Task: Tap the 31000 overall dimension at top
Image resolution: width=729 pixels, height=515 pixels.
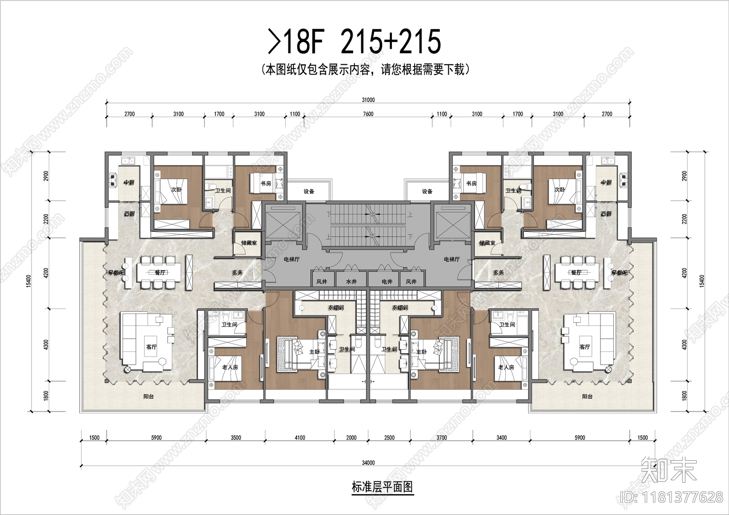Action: (368, 100)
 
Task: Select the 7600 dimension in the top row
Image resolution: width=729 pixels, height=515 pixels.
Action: (368, 114)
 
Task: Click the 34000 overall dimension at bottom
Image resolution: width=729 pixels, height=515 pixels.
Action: (368, 463)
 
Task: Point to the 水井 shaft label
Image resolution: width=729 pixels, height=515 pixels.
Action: (351, 282)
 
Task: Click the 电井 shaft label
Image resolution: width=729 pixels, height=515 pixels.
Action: (386, 282)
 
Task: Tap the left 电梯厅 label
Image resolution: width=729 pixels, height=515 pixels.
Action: (291, 259)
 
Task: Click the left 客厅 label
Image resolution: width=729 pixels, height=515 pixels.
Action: (152, 347)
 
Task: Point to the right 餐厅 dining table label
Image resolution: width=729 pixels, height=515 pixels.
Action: (576, 273)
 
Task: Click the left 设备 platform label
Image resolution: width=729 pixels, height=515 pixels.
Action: (309, 191)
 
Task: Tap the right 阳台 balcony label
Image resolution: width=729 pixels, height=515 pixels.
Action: (587, 397)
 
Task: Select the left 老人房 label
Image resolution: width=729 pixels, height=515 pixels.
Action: (230, 367)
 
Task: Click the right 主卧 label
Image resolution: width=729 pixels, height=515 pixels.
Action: (421, 352)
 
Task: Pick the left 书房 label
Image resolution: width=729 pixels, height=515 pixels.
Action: (266, 183)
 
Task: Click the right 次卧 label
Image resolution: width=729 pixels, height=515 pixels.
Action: (560, 189)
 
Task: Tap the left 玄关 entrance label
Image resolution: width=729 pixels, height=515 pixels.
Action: (237, 273)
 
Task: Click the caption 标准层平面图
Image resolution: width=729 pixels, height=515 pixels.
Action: (382, 487)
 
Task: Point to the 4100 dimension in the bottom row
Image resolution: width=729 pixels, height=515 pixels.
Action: (299, 438)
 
